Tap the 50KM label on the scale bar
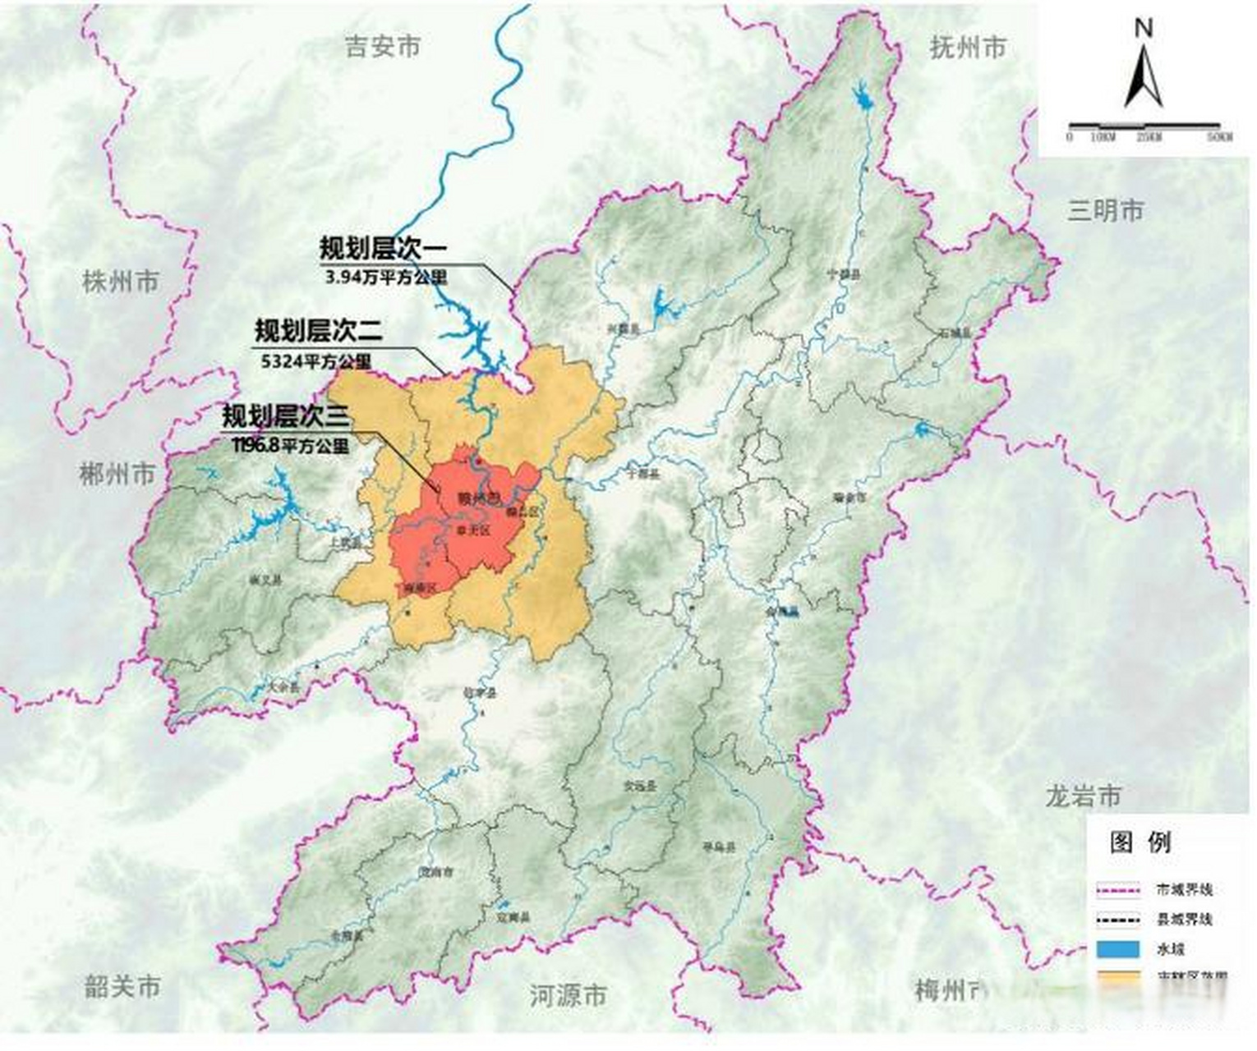1220,137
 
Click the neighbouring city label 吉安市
383,47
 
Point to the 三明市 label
1105,211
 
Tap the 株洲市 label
121,282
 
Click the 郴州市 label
117,474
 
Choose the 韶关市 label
122,986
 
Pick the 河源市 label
568,996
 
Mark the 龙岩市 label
1083,796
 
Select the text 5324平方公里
316,360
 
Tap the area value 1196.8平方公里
291,446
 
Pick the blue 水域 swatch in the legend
1118,949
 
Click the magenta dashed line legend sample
1118,889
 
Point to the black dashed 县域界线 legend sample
1118,919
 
